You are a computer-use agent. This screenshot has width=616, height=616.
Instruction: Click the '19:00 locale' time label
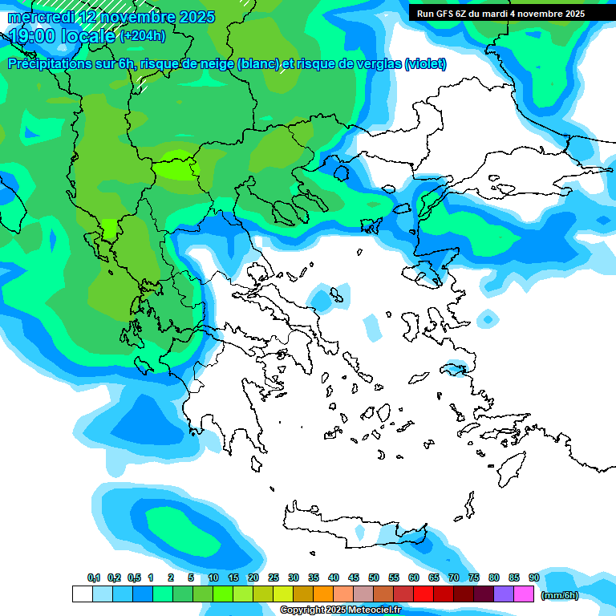(x=62, y=35)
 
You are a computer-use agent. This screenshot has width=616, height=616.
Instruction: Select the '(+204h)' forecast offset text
(x=143, y=35)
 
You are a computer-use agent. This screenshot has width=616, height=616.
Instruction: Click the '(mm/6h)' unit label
(x=559, y=595)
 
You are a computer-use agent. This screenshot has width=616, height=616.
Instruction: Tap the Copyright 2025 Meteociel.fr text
(x=340, y=610)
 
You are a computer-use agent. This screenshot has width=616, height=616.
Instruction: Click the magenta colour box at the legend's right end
(x=524, y=594)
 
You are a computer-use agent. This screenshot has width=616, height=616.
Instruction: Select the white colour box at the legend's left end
(x=82, y=594)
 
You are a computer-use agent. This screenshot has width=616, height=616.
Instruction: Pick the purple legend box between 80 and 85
(x=504, y=594)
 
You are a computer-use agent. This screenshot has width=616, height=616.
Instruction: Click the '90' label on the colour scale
(x=533, y=578)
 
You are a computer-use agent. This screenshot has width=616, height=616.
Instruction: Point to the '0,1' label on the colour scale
(x=94, y=578)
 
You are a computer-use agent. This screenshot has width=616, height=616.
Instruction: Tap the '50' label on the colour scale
(x=374, y=578)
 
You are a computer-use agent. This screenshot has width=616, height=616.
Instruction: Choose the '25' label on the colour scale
(x=274, y=578)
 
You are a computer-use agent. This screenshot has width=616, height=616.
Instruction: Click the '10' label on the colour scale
(x=213, y=578)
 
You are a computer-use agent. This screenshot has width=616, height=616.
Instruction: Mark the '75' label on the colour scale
(x=474, y=578)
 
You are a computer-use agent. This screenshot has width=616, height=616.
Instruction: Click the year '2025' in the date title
(x=195, y=17)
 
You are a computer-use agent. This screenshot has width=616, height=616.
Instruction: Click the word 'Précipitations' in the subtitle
(x=47, y=64)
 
